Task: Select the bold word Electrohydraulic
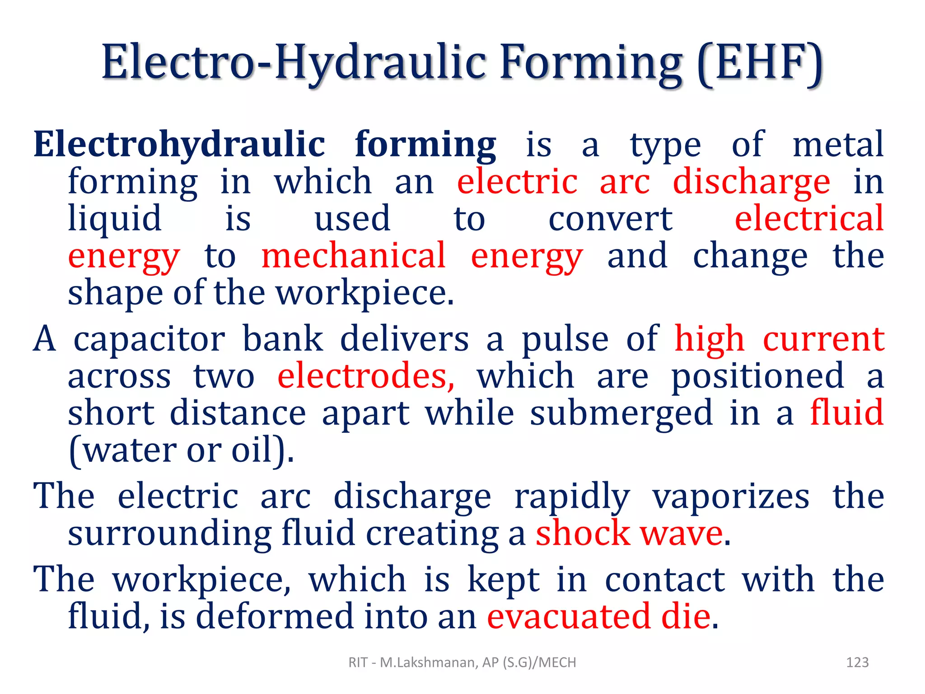179,145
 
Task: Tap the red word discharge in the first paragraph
751,182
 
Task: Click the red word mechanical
354,256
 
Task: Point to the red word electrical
809,219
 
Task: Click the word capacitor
149,339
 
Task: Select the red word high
709,339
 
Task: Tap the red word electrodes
366,376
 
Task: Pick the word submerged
621,413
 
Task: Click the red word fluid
846,413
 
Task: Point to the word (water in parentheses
122,450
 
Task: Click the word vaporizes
731,497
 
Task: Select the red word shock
583,534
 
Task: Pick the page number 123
857,662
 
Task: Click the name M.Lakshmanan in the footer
428,662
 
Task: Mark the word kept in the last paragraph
503,579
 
